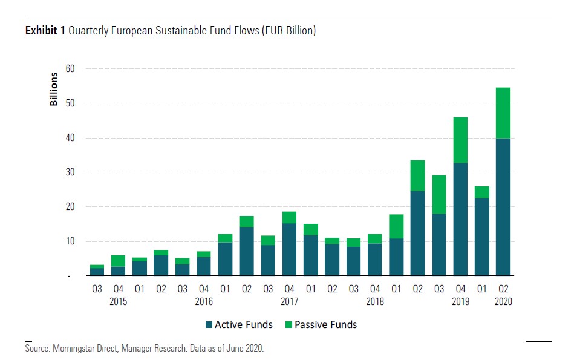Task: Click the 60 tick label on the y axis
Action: [x=70, y=69]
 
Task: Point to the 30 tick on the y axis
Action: [x=70, y=172]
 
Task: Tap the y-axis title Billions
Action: [x=54, y=90]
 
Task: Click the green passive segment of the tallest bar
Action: [x=503, y=113]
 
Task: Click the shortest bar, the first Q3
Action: [x=97, y=270]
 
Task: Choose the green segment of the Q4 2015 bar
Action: [x=118, y=261]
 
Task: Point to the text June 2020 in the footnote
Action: [x=244, y=349]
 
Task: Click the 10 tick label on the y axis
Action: [x=70, y=241]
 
